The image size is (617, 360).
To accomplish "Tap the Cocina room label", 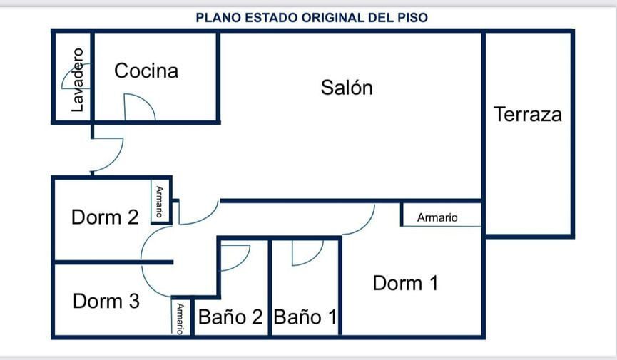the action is click(146, 71).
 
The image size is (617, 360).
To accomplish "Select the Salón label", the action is click(347, 88).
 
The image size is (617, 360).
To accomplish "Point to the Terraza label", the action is click(528, 115).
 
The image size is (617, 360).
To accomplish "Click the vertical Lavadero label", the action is click(78, 80).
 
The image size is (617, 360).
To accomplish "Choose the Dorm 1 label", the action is click(405, 283).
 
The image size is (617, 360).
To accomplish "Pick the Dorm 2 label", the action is click(105, 217).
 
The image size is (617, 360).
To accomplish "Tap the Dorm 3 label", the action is click(106, 301).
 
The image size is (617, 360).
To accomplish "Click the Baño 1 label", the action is click(305, 317).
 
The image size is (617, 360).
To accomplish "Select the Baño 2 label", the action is click(230, 317).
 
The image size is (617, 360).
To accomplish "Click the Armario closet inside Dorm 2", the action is click(160, 202).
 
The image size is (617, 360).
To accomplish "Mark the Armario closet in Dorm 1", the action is click(442, 215).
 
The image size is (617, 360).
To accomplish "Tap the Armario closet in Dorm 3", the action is click(180, 317).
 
